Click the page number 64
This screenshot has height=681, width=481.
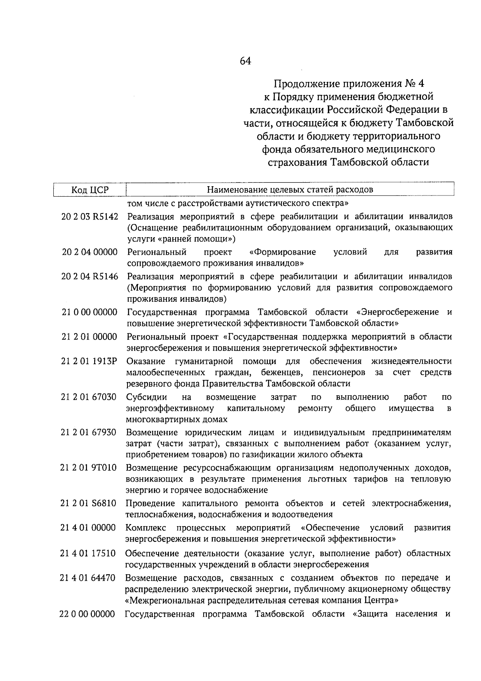point(245,61)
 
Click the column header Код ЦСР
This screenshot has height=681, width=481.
point(90,190)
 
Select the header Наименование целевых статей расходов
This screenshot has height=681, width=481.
point(290,190)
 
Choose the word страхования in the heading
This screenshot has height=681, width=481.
point(297,163)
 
